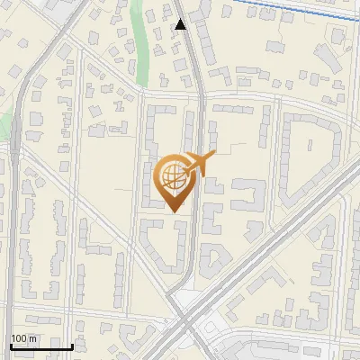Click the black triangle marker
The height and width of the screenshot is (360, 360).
(x=181, y=24)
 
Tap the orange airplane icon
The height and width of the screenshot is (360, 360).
(x=201, y=165)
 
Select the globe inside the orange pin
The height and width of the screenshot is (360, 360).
(x=172, y=175)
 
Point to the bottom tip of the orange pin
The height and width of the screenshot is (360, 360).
(x=172, y=211)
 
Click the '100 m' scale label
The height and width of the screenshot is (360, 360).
(x=23, y=338)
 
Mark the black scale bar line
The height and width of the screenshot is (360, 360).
(x=41, y=346)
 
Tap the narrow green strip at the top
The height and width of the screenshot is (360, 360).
(x=138, y=36)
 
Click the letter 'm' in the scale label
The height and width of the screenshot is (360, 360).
(x=32, y=338)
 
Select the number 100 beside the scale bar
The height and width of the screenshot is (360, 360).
(x=19, y=338)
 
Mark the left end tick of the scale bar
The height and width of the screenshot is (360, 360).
(x=11, y=345)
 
